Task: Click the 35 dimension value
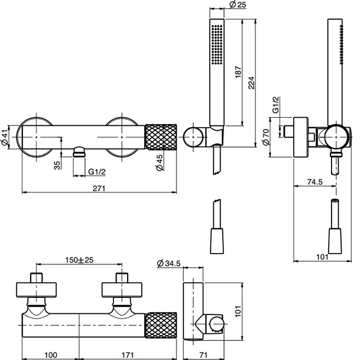57,165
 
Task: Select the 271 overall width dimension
99,188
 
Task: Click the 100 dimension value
51,355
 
